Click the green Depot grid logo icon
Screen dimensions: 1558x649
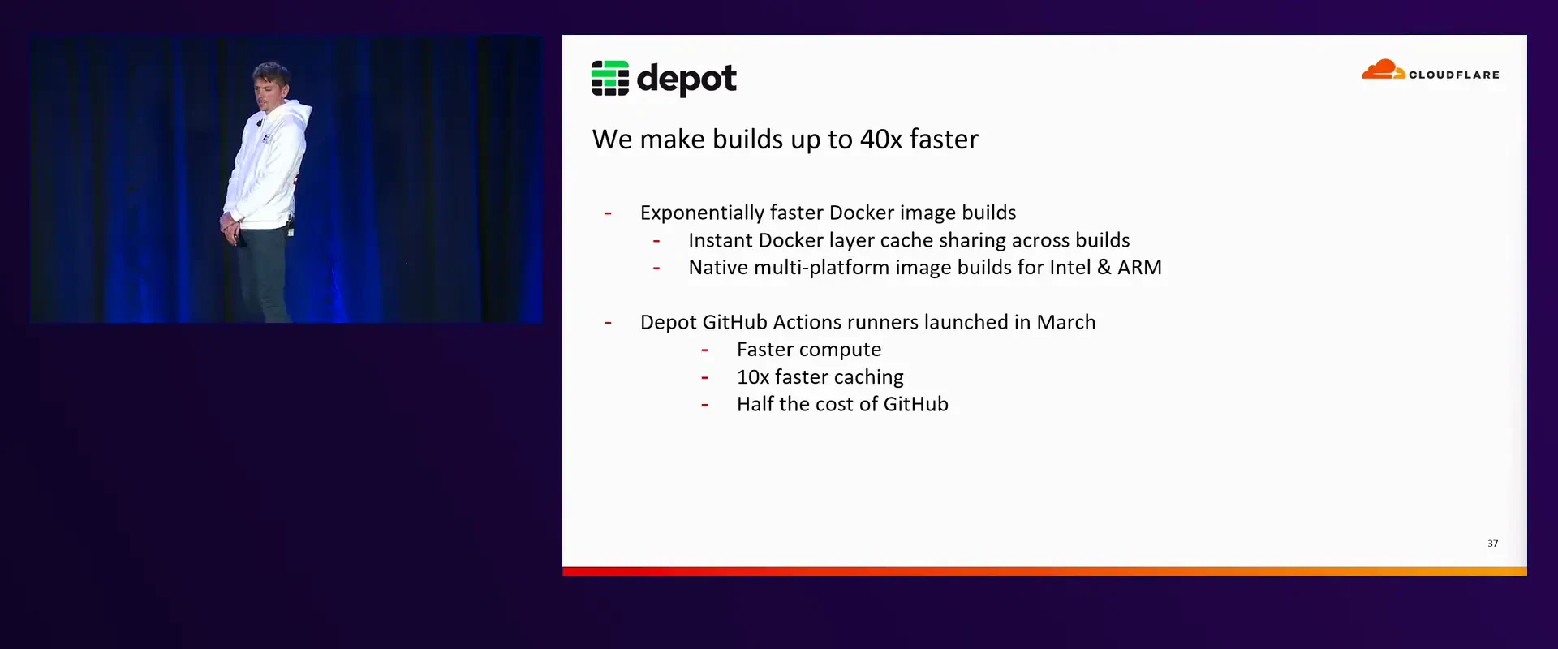609,78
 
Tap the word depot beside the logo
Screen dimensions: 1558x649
686,80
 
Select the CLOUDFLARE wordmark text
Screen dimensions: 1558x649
1454,75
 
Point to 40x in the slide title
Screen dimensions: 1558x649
880,140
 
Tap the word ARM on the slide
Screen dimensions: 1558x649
1139,268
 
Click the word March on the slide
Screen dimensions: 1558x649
1066,322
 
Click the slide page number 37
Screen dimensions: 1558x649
1493,544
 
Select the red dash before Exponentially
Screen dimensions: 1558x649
608,214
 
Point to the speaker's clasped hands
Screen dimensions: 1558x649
231,224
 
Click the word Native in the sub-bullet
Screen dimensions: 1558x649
718,268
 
